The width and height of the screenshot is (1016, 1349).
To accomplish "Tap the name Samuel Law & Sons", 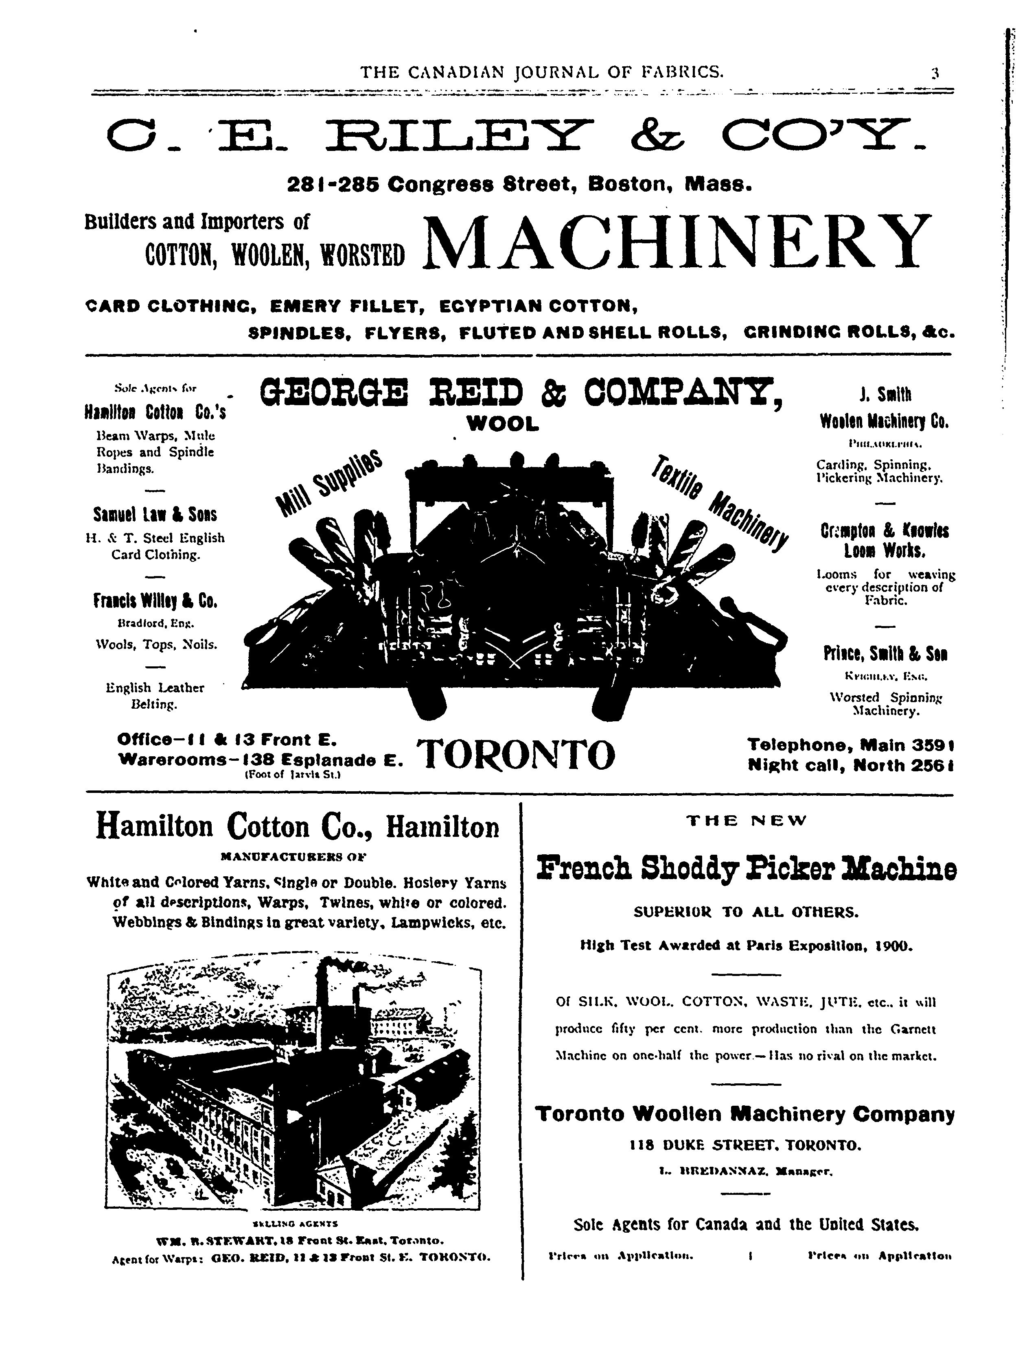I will (x=155, y=514).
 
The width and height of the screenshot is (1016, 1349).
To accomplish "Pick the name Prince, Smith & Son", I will (x=885, y=655).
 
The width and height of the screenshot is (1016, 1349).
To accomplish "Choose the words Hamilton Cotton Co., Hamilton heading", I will (x=298, y=827).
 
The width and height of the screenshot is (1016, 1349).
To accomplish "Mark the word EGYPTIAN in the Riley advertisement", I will (x=484, y=305).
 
